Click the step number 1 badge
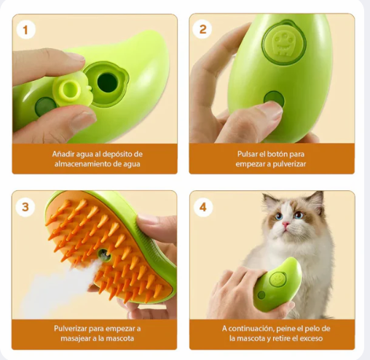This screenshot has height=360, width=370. coord(26,30)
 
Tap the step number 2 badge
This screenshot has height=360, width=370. coord(202,29)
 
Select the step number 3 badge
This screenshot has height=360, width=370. coord(25,207)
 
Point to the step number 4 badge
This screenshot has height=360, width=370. coord(203,208)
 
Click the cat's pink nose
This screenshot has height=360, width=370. coord(286,224)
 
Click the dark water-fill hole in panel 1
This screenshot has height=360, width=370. coord(107,82)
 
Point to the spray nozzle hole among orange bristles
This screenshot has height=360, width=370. coord(105,255)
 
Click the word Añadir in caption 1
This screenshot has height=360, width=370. coord(63,154)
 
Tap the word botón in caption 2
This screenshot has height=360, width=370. coord(277,154)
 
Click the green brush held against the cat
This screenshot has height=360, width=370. coord(276,285)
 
